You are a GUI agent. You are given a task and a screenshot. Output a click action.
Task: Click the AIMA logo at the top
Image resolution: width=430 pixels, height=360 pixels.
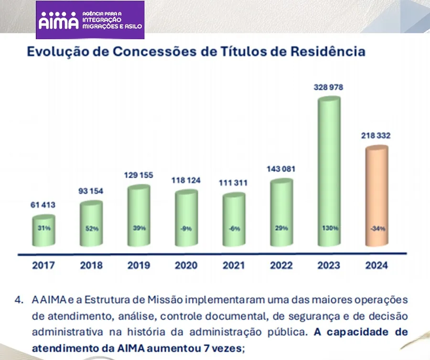coord(90,20)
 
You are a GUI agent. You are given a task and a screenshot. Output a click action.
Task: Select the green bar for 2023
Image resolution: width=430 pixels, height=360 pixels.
coord(329,172)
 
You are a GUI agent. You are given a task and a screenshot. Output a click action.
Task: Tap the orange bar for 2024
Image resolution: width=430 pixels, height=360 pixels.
coord(377,196)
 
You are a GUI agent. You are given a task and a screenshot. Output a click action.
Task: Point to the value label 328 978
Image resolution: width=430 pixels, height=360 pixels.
coord(329,87)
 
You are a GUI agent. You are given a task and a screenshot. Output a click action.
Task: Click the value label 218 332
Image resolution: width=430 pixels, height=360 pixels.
coord(376,136)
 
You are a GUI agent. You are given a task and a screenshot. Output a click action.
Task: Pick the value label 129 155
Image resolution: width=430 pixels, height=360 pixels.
coord(139,175)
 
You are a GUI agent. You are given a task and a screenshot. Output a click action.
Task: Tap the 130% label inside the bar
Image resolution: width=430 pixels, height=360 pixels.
coord(330,228)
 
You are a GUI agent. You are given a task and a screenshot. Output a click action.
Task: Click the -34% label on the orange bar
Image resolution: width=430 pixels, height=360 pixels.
coord(377,229)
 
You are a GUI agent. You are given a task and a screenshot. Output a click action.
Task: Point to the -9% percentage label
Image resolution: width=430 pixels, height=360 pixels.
coord(186,229)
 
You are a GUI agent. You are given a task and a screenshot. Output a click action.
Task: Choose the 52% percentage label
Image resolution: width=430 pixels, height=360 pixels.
coord(92,229)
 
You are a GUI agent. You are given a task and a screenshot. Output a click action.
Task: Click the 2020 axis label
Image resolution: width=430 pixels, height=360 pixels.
coord(186,265)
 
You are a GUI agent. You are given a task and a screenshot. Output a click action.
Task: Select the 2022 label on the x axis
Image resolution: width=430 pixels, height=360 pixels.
coord(281,265)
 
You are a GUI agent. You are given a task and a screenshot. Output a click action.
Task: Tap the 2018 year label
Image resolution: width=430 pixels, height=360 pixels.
coord(91,265)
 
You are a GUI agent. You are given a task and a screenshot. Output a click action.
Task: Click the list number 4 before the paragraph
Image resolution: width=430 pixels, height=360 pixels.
coord(19,300)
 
